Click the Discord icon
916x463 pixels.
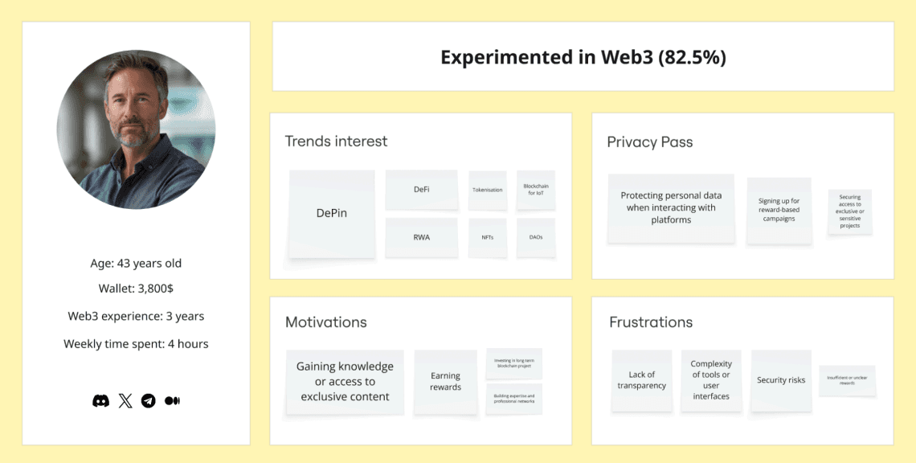tap(100, 400)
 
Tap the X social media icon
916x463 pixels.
tap(125, 400)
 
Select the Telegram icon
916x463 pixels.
tap(149, 400)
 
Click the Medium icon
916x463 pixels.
tap(172, 400)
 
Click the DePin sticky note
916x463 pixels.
tap(332, 214)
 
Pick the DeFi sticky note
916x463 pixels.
tap(422, 190)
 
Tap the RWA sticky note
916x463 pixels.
tap(422, 237)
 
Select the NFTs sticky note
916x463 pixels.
tap(488, 238)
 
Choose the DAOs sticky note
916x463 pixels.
tap(536, 238)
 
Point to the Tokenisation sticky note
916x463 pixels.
tap(488, 191)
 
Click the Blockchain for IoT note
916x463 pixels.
tap(536, 191)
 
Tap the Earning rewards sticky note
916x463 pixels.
tap(445, 382)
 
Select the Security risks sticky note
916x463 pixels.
tap(781, 380)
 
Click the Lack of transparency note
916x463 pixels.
tap(642, 380)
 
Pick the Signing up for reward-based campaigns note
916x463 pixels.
tap(779, 211)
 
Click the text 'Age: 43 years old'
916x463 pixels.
tap(136, 264)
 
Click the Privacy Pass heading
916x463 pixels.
tap(650, 142)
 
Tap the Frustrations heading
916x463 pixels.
tap(651, 322)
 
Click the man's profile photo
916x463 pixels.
tap(136, 129)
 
